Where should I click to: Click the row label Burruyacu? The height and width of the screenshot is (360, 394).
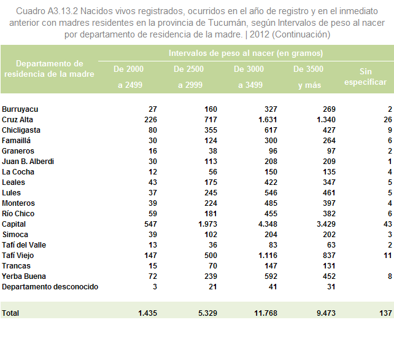point(20,109)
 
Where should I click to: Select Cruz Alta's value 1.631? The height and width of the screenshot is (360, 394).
point(268,120)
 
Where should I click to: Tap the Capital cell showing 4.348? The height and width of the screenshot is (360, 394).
point(268,224)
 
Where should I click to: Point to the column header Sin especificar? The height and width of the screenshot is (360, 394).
point(365,77)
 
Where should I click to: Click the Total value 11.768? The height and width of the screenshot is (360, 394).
point(266,313)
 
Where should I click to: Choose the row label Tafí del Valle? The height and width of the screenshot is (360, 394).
point(24,245)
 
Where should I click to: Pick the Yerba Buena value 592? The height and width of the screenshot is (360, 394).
point(271,276)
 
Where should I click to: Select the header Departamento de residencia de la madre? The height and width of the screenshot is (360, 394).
point(49,69)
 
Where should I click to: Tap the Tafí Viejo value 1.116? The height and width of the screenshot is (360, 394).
point(268,256)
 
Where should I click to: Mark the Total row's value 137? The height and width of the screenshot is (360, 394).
point(385,313)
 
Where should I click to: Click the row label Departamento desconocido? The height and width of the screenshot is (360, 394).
point(50,287)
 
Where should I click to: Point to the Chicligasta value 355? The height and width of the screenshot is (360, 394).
point(211,130)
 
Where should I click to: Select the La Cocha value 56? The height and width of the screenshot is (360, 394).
point(213,172)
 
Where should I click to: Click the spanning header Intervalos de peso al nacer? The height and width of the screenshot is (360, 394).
point(245,53)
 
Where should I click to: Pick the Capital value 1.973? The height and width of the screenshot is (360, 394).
point(208,224)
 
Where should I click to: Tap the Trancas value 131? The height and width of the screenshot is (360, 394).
point(329,266)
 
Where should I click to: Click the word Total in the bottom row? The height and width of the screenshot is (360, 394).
point(10,313)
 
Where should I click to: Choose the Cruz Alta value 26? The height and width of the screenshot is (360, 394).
point(388,120)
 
